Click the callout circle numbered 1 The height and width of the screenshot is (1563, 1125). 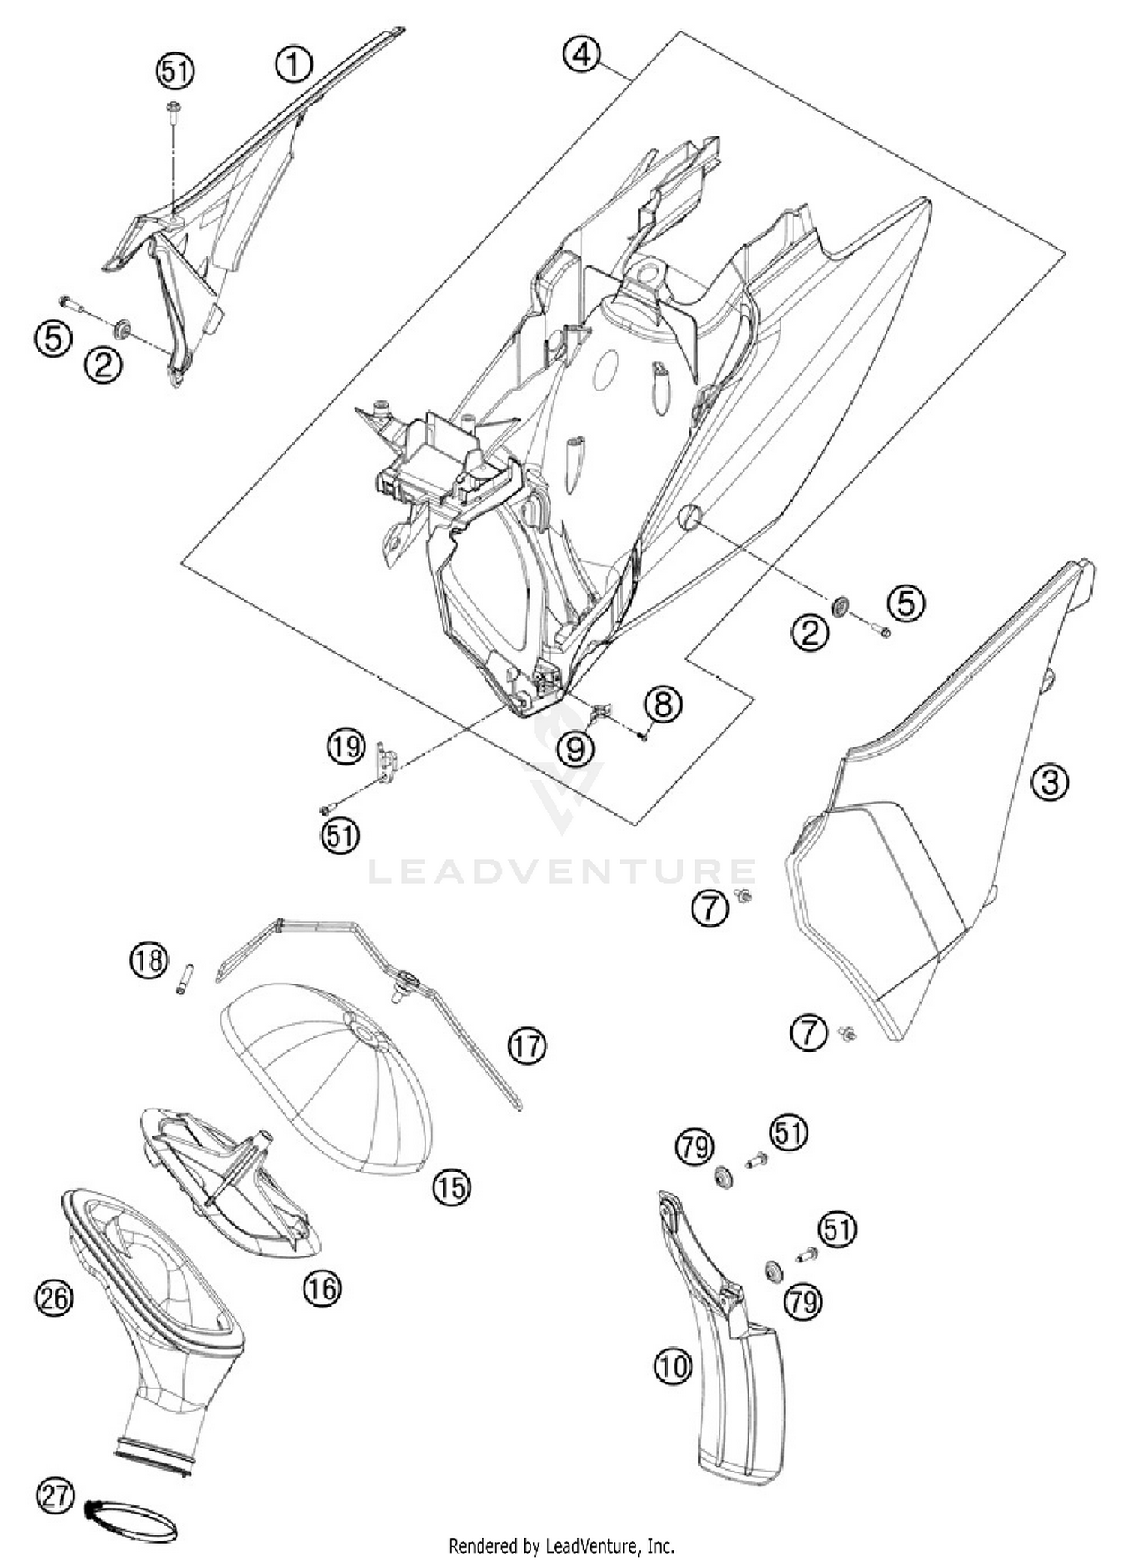[294, 64]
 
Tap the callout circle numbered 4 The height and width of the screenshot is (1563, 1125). [582, 55]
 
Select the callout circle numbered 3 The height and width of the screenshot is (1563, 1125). [1050, 782]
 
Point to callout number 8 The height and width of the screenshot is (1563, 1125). [664, 705]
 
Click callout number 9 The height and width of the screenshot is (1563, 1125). [576, 747]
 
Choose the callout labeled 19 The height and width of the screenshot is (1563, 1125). [346, 747]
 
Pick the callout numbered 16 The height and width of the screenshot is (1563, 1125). [322, 1288]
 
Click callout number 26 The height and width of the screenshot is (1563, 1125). [54, 1298]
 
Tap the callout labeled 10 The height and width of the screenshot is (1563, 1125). [673, 1367]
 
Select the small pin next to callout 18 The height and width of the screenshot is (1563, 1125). [184, 978]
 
